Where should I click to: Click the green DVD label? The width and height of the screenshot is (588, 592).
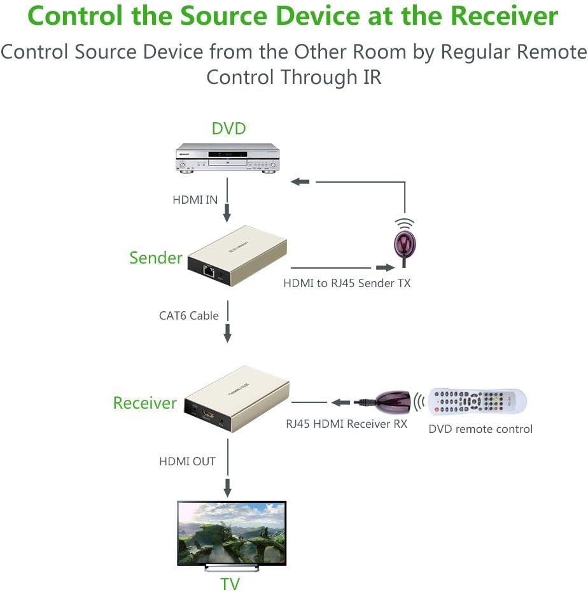[228, 129]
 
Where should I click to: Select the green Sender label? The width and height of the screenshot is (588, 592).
[156, 258]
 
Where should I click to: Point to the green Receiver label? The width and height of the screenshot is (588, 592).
[144, 403]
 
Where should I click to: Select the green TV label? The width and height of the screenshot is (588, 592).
[230, 583]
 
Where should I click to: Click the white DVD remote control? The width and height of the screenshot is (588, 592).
[477, 401]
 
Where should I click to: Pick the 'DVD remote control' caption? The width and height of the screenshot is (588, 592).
[480, 429]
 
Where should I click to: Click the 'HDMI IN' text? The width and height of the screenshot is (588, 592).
[195, 200]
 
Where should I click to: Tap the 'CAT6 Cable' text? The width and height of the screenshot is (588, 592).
[188, 315]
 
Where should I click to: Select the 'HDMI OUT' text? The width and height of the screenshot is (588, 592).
[187, 462]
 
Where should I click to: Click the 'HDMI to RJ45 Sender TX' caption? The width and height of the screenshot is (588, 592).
[347, 283]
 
